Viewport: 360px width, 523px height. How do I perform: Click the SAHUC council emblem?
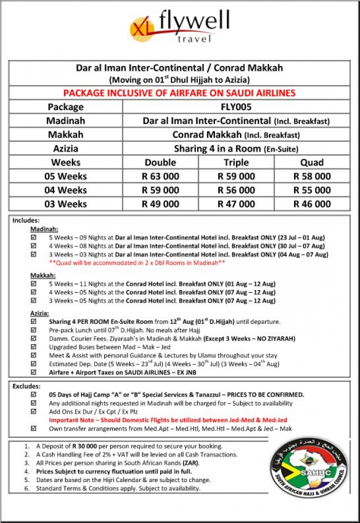tap(309, 462)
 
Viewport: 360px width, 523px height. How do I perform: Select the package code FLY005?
tap(236, 107)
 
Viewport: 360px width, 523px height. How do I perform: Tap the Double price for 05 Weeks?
tap(160, 176)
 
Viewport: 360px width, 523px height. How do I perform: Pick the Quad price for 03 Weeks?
tap(312, 204)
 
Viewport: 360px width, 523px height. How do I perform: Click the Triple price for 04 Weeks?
tap(236, 190)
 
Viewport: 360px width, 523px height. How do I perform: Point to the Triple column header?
tap(236, 163)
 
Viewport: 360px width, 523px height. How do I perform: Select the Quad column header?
tap(312, 163)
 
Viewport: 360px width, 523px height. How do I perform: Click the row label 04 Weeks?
tap(65, 190)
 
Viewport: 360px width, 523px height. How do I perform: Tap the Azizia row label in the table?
tap(65, 148)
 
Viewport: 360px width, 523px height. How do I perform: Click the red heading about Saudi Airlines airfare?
tap(179, 93)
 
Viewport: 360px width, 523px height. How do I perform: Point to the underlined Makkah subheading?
tap(42, 276)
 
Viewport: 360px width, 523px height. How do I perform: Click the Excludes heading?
tap(26, 386)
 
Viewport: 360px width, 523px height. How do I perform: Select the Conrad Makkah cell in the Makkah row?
tap(236, 135)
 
